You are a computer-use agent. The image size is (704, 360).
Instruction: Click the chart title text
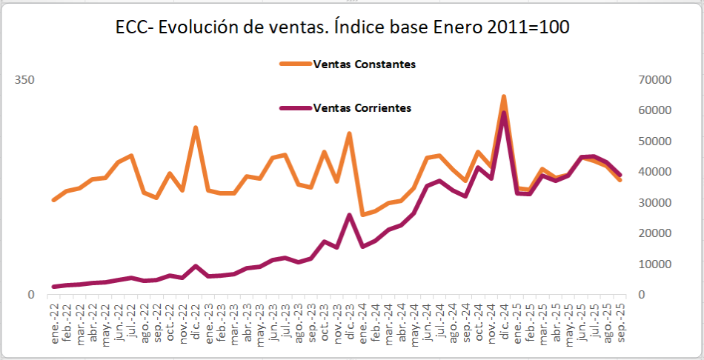click(342, 27)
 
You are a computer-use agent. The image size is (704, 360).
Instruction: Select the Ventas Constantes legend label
click(365, 64)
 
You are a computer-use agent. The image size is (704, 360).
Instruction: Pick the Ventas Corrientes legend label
click(362, 107)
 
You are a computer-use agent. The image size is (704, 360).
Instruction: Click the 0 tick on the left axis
click(30, 295)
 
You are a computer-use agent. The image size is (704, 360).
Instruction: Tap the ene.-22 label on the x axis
click(54, 319)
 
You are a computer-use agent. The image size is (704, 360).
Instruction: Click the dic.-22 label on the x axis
click(196, 319)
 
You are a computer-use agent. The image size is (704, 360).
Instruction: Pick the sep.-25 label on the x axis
click(620, 319)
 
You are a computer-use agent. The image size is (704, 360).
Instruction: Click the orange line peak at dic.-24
click(504, 96)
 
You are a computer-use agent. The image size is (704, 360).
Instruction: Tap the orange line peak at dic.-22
click(196, 127)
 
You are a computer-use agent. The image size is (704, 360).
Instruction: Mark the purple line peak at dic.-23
click(350, 215)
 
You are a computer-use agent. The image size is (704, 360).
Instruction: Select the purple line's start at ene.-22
click(54, 287)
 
